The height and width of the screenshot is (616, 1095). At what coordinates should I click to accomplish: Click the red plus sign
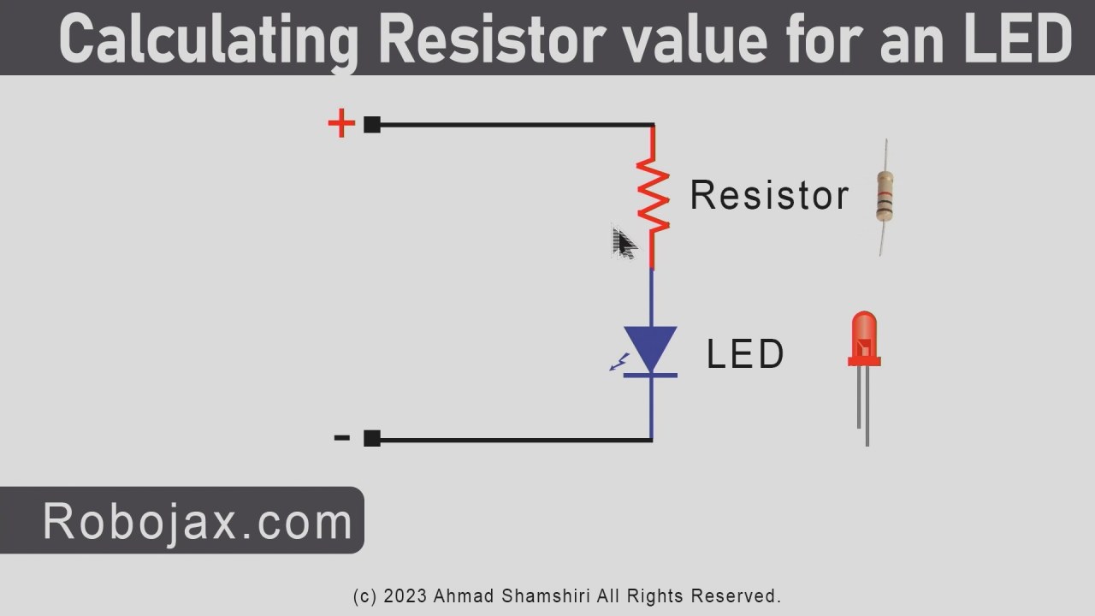[x=341, y=124]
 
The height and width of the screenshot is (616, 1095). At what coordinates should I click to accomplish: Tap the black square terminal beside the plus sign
[x=372, y=124]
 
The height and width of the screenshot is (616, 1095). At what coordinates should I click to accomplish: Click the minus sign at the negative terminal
[x=342, y=438]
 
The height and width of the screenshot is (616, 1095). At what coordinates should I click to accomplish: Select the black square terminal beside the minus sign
[x=372, y=438]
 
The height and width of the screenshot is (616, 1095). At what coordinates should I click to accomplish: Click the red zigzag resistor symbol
[x=653, y=198]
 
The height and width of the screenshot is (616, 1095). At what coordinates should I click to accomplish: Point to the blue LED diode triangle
[x=651, y=347]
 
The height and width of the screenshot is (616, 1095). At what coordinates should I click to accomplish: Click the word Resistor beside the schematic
[x=768, y=195]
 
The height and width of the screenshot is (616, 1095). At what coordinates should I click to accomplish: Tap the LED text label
[x=745, y=354]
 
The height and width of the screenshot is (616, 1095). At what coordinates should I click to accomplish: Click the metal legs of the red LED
[x=864, y=406]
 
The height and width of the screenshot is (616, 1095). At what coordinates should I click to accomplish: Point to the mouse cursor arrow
[x=623, y=243]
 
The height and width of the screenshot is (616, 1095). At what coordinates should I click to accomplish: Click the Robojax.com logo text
[x=198, y=521]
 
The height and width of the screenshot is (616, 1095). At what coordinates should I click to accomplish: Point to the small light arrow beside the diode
[x=618, y=363]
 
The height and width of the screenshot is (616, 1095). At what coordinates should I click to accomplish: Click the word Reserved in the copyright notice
[x=736, y=595]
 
